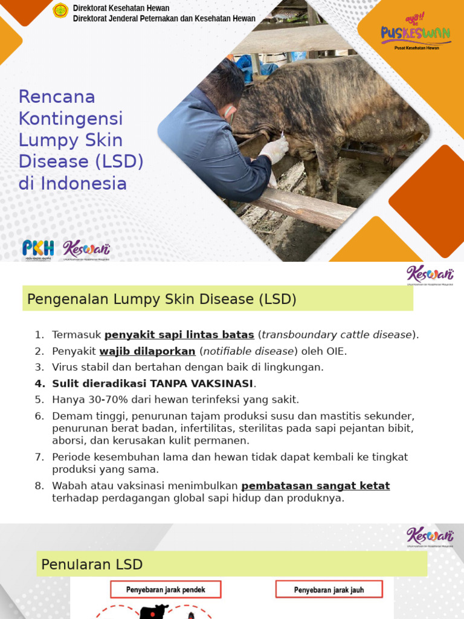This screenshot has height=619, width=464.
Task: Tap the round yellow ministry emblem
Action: (60, 10)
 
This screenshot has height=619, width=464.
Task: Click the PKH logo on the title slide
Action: (37, 248)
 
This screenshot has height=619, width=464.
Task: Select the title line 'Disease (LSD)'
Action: (81, 161)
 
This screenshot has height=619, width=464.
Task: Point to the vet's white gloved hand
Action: (274, 149)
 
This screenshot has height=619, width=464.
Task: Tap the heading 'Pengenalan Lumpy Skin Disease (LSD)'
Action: (160, 299)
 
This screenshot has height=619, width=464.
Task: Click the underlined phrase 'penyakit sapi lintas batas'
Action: (179, 334)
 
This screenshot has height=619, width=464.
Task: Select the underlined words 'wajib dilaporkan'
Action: (147, 351)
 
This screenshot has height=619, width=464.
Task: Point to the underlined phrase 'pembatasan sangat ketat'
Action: (315, 485)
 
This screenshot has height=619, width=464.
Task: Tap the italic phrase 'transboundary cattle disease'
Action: (337, 334)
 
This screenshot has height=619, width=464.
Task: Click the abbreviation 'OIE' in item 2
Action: (335, 351)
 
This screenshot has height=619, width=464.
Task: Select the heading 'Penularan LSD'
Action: (92, 565)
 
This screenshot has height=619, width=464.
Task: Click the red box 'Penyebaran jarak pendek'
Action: (166, 589)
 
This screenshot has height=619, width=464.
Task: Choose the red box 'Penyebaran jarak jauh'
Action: (329, 589)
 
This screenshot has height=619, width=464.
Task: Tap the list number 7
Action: (39, 457)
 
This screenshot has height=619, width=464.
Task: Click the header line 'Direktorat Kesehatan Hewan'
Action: (121, 8)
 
